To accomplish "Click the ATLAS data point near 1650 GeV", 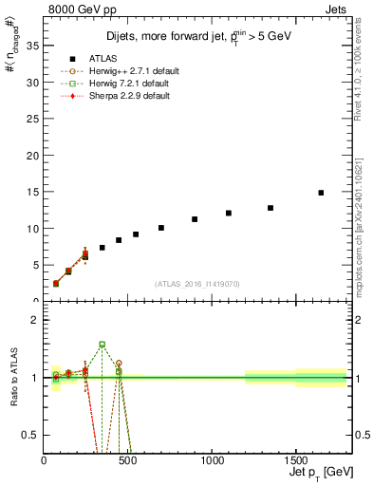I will tap(321, 193).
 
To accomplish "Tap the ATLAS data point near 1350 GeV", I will tap(270, 208).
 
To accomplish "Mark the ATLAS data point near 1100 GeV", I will tap(229, 213).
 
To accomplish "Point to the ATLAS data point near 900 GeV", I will tap(195, 219).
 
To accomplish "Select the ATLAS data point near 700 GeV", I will tap(161, 228).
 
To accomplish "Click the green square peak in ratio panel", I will tap(103, 345).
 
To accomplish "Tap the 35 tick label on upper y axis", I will tap(32, 46).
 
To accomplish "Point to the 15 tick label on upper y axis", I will tap(32, 192).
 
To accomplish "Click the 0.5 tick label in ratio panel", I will tap(30, 435).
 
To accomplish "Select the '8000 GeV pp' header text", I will tap(76, 9).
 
